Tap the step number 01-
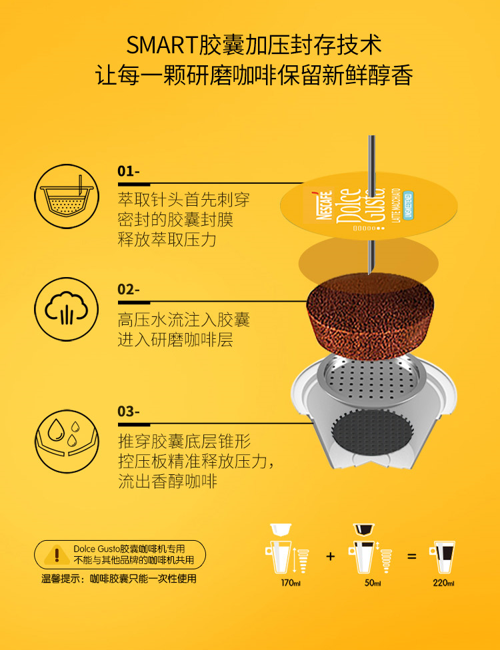[x=129, y=170]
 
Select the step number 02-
[x=129, y=289]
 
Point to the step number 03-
[x=129, y=411]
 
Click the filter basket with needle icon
[x=67, y=196]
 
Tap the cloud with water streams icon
[x=67, y=309]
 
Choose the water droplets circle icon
[x=67, y=441]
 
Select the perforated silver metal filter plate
[x=371, y=380]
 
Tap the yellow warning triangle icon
[x=57, y=555]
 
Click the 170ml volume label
[x=291, y=583]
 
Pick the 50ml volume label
[x=373, y=583]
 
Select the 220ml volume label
[x=443, y=583]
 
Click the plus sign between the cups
[x=330, y=556]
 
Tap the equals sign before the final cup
[x=411, y=556]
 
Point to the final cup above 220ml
[x=443, y=556]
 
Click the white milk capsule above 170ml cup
[x=281, y=529]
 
